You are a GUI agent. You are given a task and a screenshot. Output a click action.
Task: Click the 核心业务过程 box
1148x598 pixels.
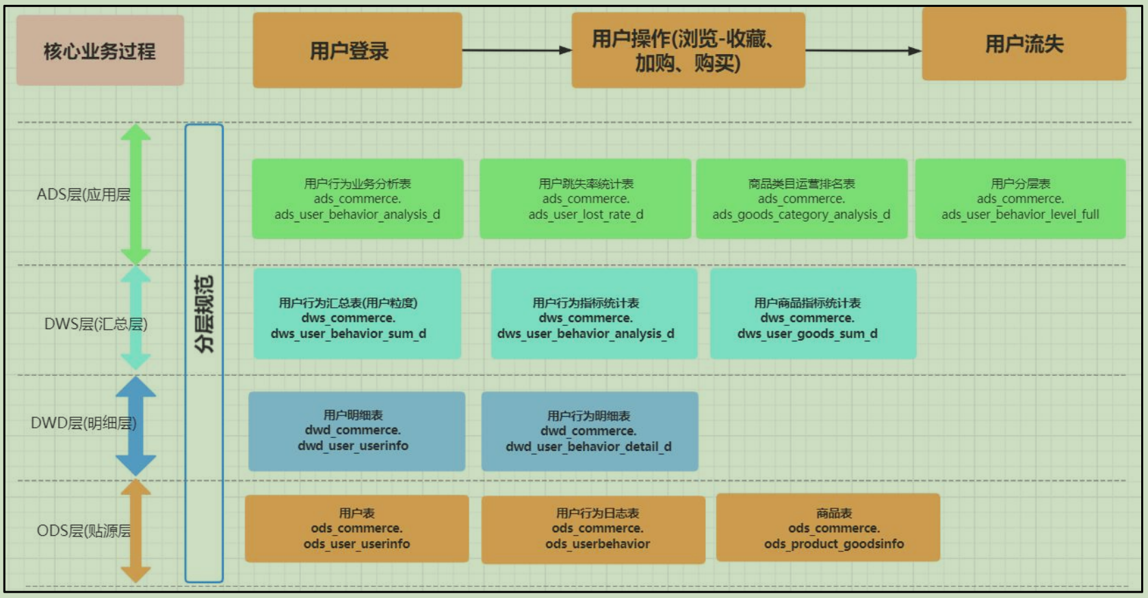100,50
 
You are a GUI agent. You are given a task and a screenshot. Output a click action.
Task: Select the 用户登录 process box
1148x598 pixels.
357,50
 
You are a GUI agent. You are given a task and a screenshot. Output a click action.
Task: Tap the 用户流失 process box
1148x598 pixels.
1024,44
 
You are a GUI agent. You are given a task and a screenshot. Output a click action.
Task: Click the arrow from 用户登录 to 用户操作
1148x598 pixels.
517,50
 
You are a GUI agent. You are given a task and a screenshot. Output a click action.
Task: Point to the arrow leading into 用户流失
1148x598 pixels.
863,50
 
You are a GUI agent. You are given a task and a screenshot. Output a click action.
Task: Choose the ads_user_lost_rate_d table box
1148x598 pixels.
585,199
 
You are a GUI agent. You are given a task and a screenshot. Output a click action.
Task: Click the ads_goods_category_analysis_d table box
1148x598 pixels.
802,199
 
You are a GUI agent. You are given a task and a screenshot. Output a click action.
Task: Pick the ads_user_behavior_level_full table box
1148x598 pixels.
1020,199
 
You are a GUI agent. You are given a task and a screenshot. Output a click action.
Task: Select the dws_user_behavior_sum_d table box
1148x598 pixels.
357,313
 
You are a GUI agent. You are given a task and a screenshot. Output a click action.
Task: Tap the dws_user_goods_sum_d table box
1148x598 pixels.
813,313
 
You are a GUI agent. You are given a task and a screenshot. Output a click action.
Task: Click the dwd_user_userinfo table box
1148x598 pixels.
356,432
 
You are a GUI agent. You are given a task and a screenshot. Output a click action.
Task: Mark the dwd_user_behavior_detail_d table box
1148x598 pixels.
590,432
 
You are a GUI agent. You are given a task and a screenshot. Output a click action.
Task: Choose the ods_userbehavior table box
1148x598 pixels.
593,530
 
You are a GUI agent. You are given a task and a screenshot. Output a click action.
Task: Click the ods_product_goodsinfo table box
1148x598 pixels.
829,528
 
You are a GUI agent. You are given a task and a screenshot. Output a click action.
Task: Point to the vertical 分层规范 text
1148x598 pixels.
204,313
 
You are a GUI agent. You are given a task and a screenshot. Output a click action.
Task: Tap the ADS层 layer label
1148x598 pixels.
83,195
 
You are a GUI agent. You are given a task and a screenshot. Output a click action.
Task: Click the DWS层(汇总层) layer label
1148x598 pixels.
96,324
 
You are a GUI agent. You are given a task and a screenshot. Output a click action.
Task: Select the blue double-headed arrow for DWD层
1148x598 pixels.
136,426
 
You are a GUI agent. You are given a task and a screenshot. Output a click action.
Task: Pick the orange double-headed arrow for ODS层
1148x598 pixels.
136,532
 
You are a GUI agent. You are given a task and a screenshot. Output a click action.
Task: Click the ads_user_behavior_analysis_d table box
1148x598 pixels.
357,199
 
